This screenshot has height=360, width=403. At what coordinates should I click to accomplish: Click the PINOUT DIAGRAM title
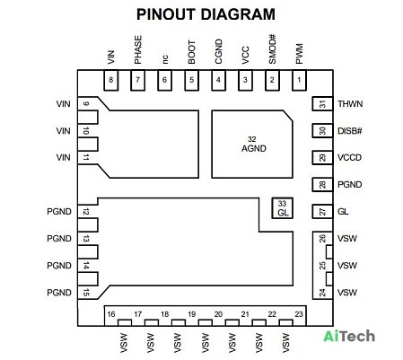click(x=206, y=14)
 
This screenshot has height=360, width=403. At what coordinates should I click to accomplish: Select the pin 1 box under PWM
click(x=299, y=80)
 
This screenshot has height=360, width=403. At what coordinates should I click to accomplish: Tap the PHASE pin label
click(x=137, y=49)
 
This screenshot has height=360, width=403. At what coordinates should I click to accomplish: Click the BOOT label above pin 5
click(x=191, y=52)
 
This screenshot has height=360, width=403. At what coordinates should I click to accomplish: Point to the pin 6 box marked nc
click(x=164, y=80)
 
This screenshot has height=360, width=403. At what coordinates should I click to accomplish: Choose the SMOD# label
click(x=272, y=49)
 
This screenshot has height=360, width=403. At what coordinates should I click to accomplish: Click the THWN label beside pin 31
click(x=350, y=104)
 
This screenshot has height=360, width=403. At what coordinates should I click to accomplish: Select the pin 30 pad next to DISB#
click(x=322, y=131)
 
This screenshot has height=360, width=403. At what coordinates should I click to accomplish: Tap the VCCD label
click(x=349, y=157)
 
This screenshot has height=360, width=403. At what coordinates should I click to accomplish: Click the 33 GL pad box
click(x=282, y=208)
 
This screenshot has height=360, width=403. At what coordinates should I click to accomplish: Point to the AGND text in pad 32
click(x=254, y=148)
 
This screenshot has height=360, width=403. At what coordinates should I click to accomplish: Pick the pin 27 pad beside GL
click(x=322, y=212)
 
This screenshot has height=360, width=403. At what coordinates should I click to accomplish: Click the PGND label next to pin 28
click(x=350, y=184)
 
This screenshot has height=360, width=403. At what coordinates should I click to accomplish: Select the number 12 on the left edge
click(x=86, y=212)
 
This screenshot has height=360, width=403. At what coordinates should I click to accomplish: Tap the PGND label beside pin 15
click(x=59, y=293)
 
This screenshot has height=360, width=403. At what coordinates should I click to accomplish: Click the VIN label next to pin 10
click(x=63, y=131)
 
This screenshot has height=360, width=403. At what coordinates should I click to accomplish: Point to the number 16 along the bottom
click(x=111, y=314)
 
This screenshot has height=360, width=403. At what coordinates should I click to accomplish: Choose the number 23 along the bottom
click(x=299, y=314)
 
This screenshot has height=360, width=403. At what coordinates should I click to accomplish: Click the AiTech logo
click(x=349, y=336)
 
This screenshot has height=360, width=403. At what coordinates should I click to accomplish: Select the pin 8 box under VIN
click(x=111, y=80)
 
